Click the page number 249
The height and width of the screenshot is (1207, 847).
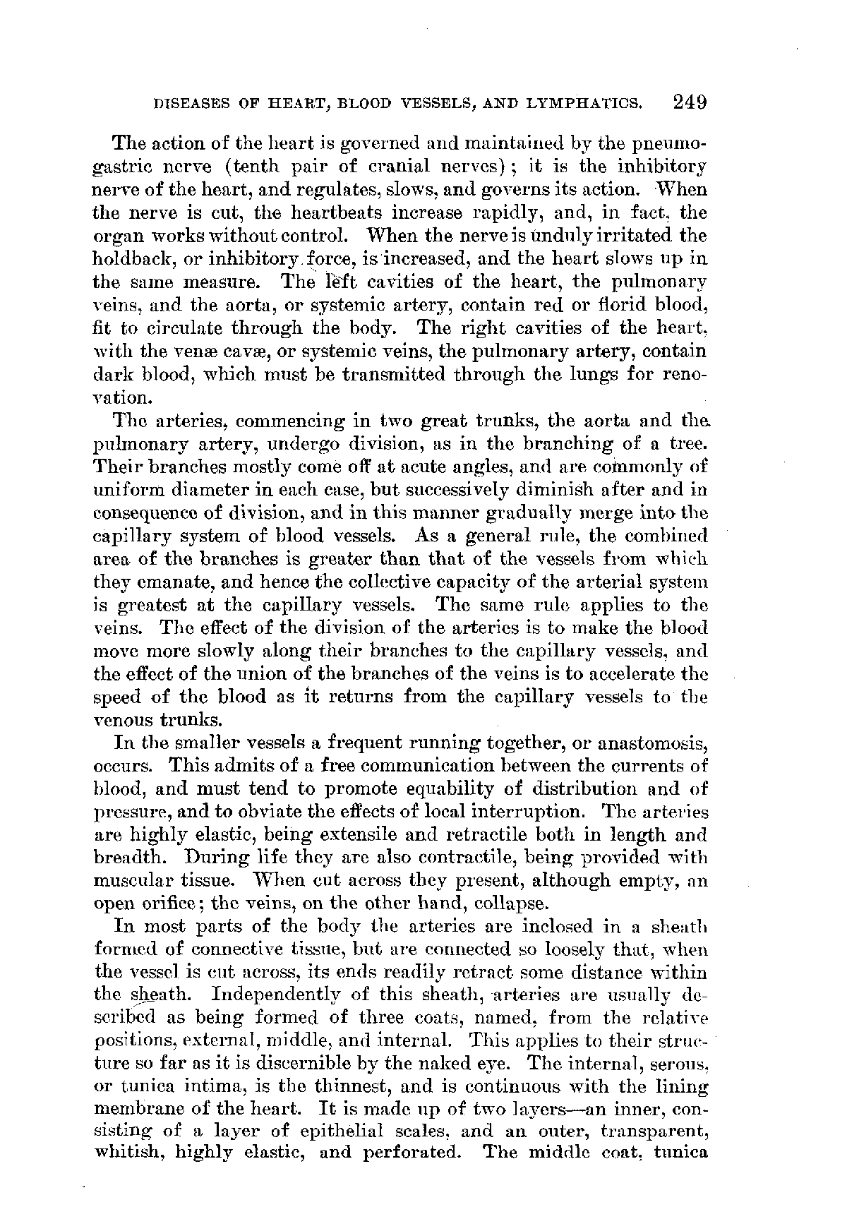(x=690, y=103)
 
